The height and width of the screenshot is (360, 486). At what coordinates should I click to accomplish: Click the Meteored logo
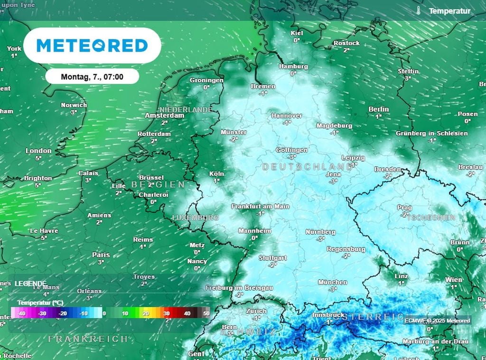click(92, 46)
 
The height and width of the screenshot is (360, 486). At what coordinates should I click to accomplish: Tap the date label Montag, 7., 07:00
click(92, 76)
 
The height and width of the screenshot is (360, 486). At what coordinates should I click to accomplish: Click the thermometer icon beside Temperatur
click(418, 10)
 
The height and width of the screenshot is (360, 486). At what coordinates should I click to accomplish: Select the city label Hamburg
click(293, 66)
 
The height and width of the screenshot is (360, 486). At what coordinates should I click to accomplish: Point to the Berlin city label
click(378, 109)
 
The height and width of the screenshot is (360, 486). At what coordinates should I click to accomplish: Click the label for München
click(333, 282)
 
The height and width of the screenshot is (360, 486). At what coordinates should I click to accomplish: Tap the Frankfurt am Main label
click(260, 207)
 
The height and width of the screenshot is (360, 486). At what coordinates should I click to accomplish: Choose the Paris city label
click(101, 255)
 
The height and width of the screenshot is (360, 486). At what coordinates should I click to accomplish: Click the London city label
click(38, 151)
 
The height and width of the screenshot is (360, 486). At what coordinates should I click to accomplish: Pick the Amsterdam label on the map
click(164, 115)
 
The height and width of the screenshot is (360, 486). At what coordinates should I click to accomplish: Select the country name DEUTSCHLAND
click(308, 167)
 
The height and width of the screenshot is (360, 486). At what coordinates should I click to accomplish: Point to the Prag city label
click(404, 208)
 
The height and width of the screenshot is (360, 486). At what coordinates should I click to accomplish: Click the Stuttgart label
click(272, 258)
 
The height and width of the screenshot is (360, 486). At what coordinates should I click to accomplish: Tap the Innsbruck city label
click(328, 315)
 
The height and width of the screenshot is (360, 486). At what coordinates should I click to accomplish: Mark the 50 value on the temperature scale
click(206, 313)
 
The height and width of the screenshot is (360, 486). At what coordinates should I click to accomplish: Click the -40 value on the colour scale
click(21, 313)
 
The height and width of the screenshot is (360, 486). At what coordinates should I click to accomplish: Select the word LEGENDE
click(30, 283)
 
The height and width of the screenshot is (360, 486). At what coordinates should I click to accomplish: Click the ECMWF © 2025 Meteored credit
click(437, 321)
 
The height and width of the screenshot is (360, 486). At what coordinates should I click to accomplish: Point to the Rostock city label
click(346, 43)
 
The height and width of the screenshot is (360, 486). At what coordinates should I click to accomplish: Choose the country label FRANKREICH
click(88, 339)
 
